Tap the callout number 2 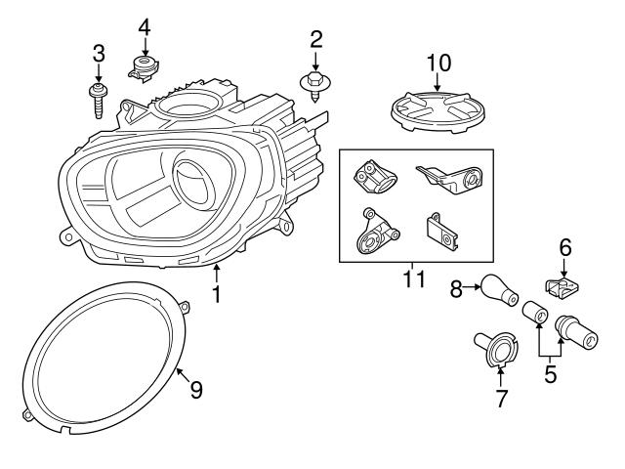click(x=316, y=39)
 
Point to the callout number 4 click(x=145, y=26)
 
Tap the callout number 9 click(x=196, y=389)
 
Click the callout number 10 click(x=438, y=64)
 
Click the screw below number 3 click(x=98, y=100)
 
